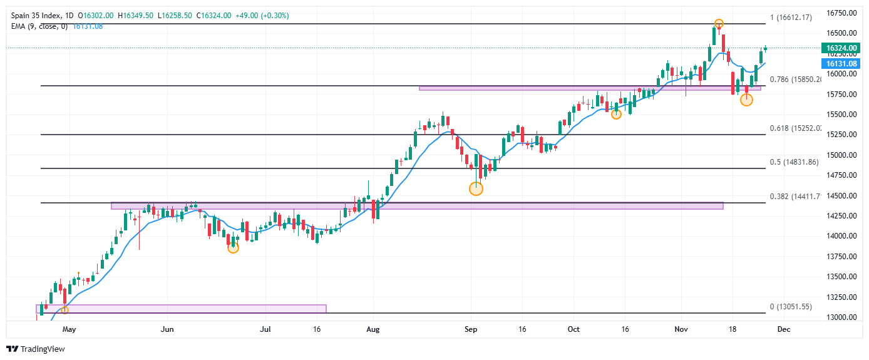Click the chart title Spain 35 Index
pyautogui.click(x=32, y=15)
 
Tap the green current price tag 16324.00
pyautogui.click(x=841, y=48)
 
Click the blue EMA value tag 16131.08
pyautogui.click(x=841, y=64)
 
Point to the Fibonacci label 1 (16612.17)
pyautogui.click(x=791, y=18)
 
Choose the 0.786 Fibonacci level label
pyautogui.click(x=791, y=80)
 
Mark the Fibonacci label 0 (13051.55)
pyautogui.click(x=791, y=307)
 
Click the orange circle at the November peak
pyautogui.click(x=719, y=24)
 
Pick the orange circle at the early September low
pyautogui.click(x=476, y=188)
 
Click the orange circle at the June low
pyautogui.click(x=233, y=247)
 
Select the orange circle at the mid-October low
pyautogui.click(x=616, y=114)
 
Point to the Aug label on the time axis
pyautogui.click(x=373, y=328)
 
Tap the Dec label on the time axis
pyautogui.click(x=784, y=328)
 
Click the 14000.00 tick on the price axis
pyautogui.click(x=841, y=236)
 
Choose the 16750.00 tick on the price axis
pyautogui.click(x=841, y=13)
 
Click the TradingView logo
pyautogui.click(x=36, y=349)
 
